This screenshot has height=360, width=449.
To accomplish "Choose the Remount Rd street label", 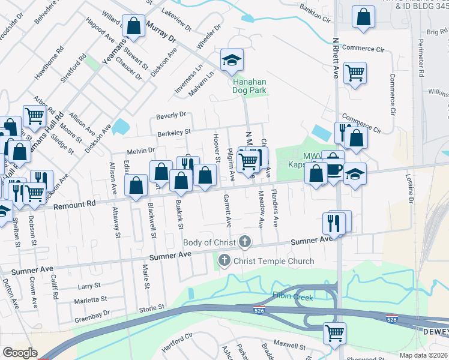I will tap(74, 205).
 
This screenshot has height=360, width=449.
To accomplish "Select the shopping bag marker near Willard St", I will tap(133, 26).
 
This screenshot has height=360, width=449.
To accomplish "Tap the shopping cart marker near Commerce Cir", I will tap(355, 73).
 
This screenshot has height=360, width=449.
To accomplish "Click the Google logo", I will tap(20, 353).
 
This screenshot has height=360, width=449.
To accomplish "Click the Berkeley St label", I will tap(173, 131).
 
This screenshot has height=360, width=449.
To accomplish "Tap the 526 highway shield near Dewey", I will tap(391, 320).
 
